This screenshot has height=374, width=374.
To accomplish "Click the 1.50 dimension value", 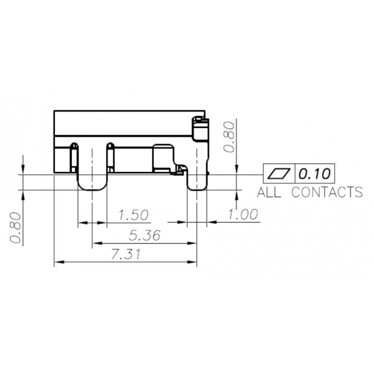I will click(133, 215).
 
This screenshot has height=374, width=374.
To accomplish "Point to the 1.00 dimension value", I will click(242, 214).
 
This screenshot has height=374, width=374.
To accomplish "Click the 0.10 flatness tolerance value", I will click(314, 174).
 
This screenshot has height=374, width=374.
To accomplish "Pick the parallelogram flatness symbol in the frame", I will click(279, 174).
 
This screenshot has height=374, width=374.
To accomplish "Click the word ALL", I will click(270, 192).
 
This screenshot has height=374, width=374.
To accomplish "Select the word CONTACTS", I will click(327, 192).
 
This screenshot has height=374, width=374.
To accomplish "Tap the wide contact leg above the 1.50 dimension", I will click(92, 178).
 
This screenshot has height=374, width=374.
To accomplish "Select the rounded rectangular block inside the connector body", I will click(163, 158).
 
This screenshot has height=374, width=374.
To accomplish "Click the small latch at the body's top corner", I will click(200, 123).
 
